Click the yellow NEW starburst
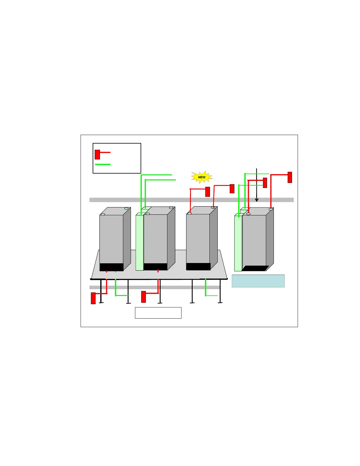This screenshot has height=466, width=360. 202,177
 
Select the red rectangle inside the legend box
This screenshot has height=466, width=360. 97,154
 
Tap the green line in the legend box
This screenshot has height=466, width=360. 103,164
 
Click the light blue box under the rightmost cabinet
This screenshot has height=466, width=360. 258,281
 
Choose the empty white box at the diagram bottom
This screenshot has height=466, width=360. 158,313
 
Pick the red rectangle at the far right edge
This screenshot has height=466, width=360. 290,177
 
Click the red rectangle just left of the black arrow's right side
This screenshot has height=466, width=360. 265,183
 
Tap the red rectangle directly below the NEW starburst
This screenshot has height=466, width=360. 208,192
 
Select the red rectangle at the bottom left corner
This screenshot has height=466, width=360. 93,298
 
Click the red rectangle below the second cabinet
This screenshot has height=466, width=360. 144,297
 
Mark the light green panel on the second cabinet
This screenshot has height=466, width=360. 139,243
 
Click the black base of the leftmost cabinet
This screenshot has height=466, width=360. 111,267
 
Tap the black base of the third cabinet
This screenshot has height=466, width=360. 198,267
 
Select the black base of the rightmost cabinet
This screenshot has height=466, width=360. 255,268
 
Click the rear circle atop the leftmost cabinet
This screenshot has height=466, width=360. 126,208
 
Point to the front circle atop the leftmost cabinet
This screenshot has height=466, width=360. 103,214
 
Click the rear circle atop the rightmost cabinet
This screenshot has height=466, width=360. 271,209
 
